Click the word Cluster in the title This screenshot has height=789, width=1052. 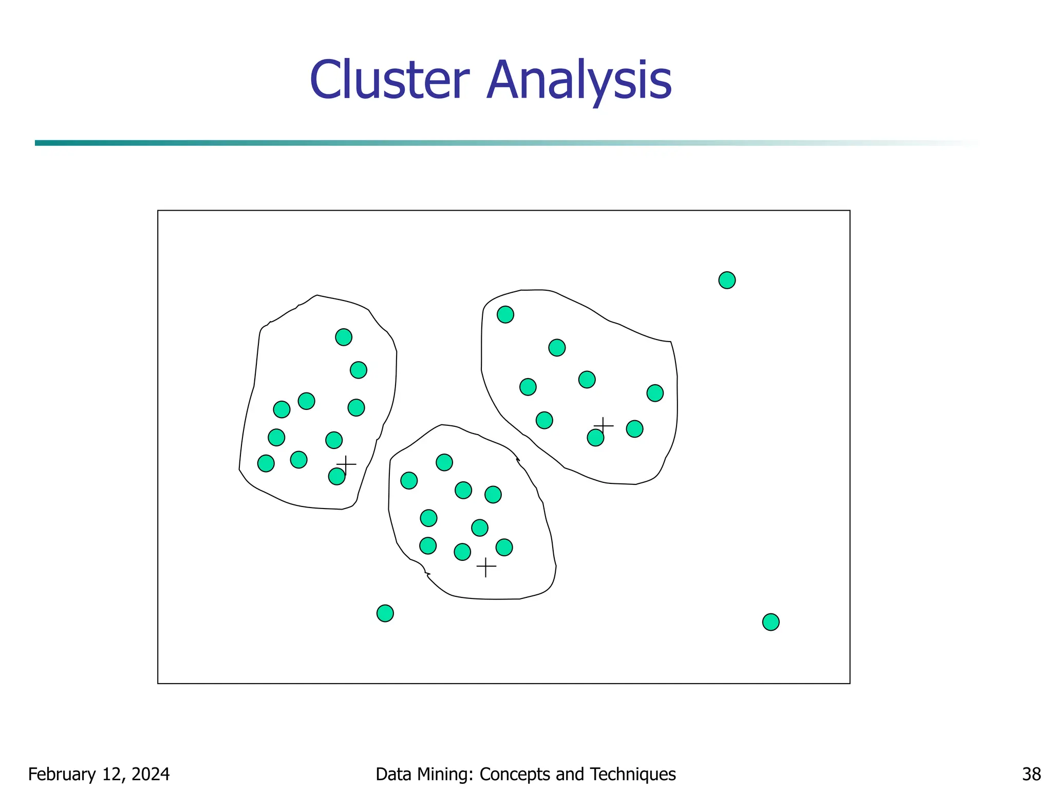coord(389,81)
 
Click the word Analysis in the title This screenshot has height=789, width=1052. coord(579,81)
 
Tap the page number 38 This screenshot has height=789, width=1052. coord(1031,774)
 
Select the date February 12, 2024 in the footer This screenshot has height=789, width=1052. coord(99,774)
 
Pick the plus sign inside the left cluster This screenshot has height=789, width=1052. coord(346,464)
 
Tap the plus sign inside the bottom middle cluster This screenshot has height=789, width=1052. coord(486,567)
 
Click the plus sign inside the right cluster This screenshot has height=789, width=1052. coord(604,425)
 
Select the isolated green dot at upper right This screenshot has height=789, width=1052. coord(727,280)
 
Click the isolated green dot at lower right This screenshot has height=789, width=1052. coord(771,622)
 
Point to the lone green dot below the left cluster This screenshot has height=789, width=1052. coord(385,613)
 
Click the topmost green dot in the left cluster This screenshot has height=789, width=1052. coord(344,337)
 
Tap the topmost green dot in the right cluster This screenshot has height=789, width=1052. coord(505,314)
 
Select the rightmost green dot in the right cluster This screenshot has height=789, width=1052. coord(655,393)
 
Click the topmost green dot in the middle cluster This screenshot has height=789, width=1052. coord(444,462)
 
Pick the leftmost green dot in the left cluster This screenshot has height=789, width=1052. coord(266,463)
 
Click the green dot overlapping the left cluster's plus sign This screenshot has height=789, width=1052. coord(336,477)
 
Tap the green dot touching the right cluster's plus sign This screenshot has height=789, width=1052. coord(595,438)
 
